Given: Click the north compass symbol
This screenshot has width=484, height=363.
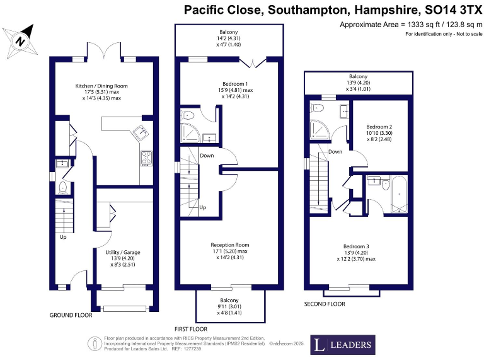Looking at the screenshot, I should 21,40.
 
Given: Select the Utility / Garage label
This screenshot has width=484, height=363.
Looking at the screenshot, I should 123,258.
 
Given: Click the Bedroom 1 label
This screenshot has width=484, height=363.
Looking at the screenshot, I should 229,90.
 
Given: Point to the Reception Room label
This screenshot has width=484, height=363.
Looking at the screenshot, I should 229,251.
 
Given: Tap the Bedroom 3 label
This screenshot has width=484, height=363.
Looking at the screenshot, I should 356,252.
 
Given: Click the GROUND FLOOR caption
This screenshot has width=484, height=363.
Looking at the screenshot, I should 71,315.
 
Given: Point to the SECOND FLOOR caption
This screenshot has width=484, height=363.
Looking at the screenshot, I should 325,304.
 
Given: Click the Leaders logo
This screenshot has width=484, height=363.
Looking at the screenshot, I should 343,345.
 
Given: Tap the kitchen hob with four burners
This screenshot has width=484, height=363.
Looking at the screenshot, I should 146,158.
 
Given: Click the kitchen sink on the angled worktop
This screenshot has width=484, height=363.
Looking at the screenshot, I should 140,133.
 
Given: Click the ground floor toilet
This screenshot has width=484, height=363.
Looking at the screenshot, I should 63,188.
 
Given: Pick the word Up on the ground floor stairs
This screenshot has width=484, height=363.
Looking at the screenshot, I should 63,238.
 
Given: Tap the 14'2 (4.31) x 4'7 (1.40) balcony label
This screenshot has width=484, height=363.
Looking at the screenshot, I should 229,38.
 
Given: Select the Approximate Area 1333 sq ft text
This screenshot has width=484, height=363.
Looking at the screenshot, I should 406,24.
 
